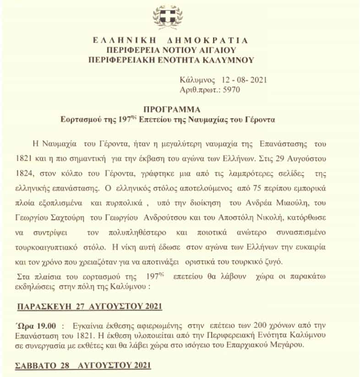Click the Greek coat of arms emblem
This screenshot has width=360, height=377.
[168, 17]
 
